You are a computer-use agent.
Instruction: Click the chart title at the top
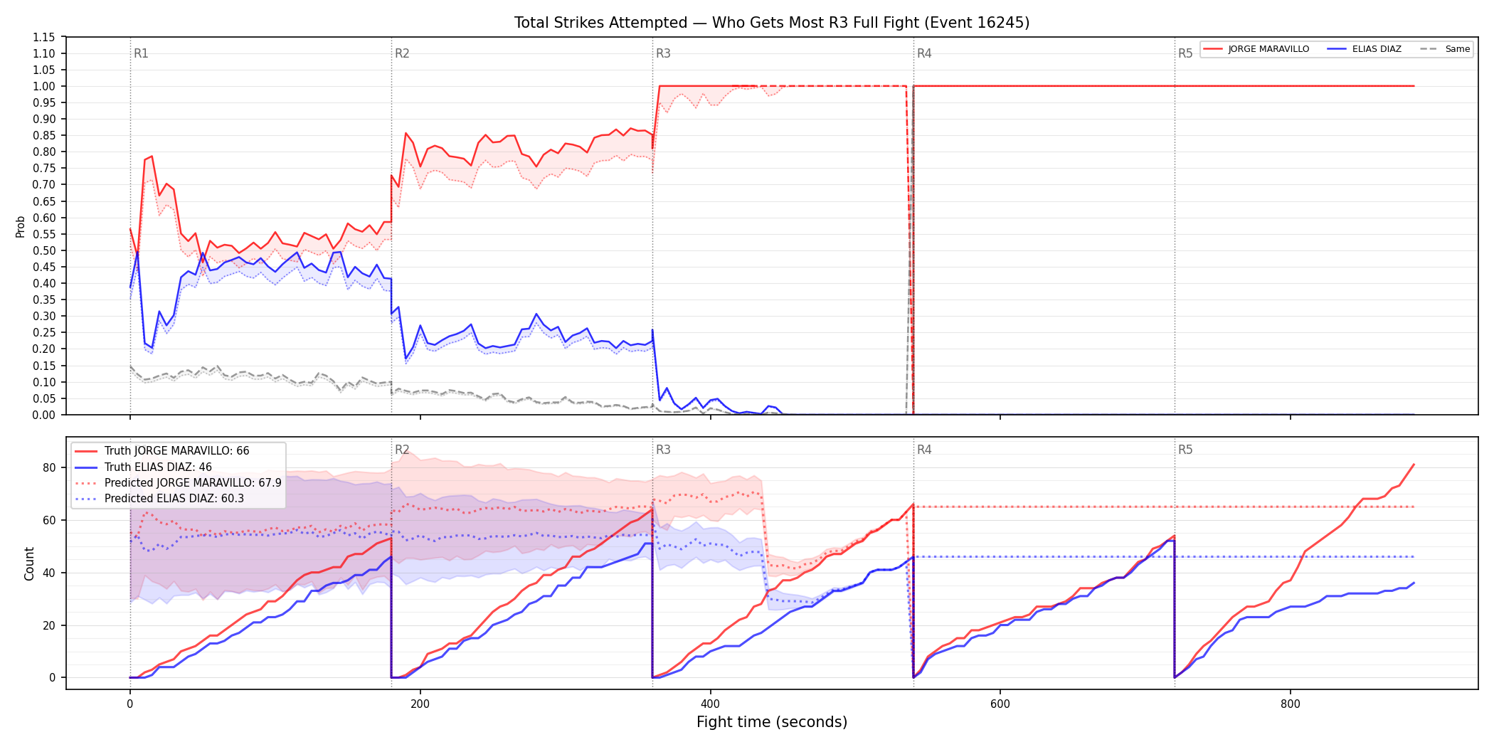[772, 23]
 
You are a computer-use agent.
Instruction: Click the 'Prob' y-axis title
[21, 226]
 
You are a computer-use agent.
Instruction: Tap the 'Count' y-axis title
[29, 563]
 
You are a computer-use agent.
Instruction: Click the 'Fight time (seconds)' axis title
[772, 722]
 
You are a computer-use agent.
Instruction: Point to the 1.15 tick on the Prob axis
[44, 37]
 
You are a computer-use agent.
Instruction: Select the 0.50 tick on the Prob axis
[44, 250]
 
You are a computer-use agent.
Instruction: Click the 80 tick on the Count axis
[49, 468]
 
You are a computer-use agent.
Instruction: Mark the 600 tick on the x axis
[1000, 704]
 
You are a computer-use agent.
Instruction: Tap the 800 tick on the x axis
[1291, 704]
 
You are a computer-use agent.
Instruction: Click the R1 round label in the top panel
[141, 53]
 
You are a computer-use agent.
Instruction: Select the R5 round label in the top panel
[1185, 53]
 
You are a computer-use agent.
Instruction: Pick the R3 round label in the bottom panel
[663, 450]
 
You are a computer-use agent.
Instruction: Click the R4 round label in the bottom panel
[924, 450]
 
